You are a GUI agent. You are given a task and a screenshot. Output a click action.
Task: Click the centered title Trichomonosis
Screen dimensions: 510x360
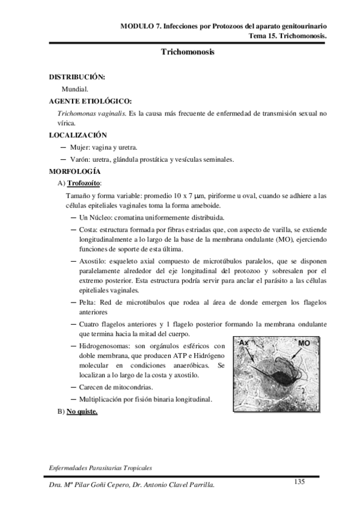click(188, 53)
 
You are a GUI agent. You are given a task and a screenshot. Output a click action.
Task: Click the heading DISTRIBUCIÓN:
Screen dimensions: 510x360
click(77, 77)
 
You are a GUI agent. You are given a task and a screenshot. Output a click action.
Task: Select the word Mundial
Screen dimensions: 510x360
click(75, 88)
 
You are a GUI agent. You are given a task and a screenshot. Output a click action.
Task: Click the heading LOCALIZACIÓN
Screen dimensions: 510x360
click(78, 135)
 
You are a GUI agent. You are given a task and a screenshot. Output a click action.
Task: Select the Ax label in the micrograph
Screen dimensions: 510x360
click(244, 342)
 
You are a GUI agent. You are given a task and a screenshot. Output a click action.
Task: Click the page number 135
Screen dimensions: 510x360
click(301, 481)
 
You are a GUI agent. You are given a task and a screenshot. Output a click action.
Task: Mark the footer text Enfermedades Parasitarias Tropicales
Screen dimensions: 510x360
click(100, 467)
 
